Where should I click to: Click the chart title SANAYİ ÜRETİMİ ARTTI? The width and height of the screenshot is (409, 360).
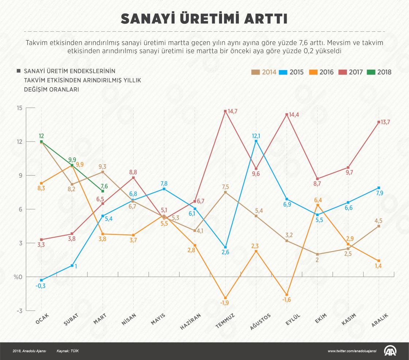click(x=204, y=19)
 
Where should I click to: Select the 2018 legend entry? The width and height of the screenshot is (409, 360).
click(x=379, y=72)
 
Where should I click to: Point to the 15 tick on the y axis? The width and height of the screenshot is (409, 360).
click(x=19, y=108)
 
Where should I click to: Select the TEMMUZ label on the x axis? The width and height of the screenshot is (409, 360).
click(x=225, y=321)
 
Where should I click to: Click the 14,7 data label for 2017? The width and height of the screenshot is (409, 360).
click(x=233, y=111)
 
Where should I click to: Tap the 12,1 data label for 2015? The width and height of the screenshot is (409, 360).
click(x=256, y=136)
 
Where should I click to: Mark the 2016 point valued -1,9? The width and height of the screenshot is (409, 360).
click(x=225, y=298)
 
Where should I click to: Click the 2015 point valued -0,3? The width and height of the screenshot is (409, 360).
click(x=41, y=280)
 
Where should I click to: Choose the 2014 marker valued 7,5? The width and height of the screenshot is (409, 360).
click(x=225, y=192)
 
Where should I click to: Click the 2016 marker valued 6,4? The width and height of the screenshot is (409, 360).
click(x=318, y=205)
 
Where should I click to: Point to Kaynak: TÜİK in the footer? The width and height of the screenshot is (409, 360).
click(x=68, y=351)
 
